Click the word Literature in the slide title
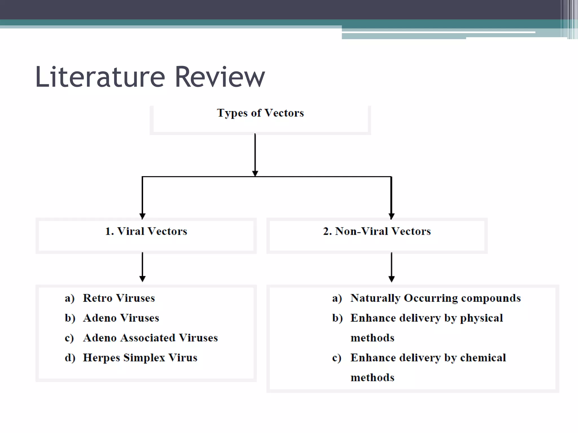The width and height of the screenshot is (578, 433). tap(100, 77)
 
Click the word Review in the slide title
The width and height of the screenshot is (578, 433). tap(220, 77)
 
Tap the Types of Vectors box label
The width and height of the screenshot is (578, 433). tap(260, 113)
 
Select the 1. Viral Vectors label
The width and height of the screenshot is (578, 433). tap(146, 231)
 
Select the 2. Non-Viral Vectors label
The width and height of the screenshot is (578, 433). tap(377, 231)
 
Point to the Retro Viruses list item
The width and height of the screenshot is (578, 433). tap(119, 298)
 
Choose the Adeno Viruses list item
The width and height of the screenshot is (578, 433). tap(121, 318)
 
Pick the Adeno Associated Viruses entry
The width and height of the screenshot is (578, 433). tap(150, 338)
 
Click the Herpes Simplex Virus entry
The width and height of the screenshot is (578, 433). tap(140, 358)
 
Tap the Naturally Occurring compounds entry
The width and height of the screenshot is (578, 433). tap(435, 298)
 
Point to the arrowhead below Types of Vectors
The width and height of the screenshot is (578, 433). tap(255, 173)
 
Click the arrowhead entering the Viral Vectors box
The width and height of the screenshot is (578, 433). tap(143, 216)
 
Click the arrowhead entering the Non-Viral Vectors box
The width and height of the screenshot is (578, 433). tap(391, 216)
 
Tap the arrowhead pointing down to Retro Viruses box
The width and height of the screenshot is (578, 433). tap(143, 279)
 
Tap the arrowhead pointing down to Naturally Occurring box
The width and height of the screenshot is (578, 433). tap(391, 279)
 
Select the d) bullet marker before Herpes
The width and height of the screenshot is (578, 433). tap(70, 358)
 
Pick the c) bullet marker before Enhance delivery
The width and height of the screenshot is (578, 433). tap(337, 358)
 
